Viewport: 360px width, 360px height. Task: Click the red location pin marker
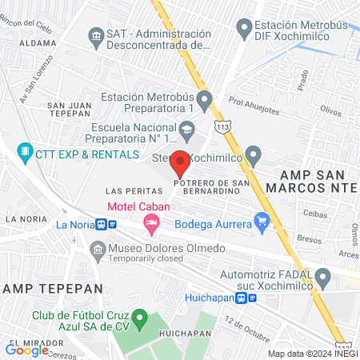click(x=180, y=163)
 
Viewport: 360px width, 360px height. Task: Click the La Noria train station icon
click(x=100, y=225)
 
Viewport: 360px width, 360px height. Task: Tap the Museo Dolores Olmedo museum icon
click(x=97, y=250)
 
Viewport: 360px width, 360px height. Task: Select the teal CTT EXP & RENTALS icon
click(x=26, y=150)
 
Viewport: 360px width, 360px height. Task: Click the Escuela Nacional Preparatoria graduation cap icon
click(x=186, y=128)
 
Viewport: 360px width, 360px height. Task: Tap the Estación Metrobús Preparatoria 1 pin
click(x=205, y=101)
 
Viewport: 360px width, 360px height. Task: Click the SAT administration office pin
click(x=96, y=35)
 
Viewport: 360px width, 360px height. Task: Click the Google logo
click(x=27, y=350)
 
